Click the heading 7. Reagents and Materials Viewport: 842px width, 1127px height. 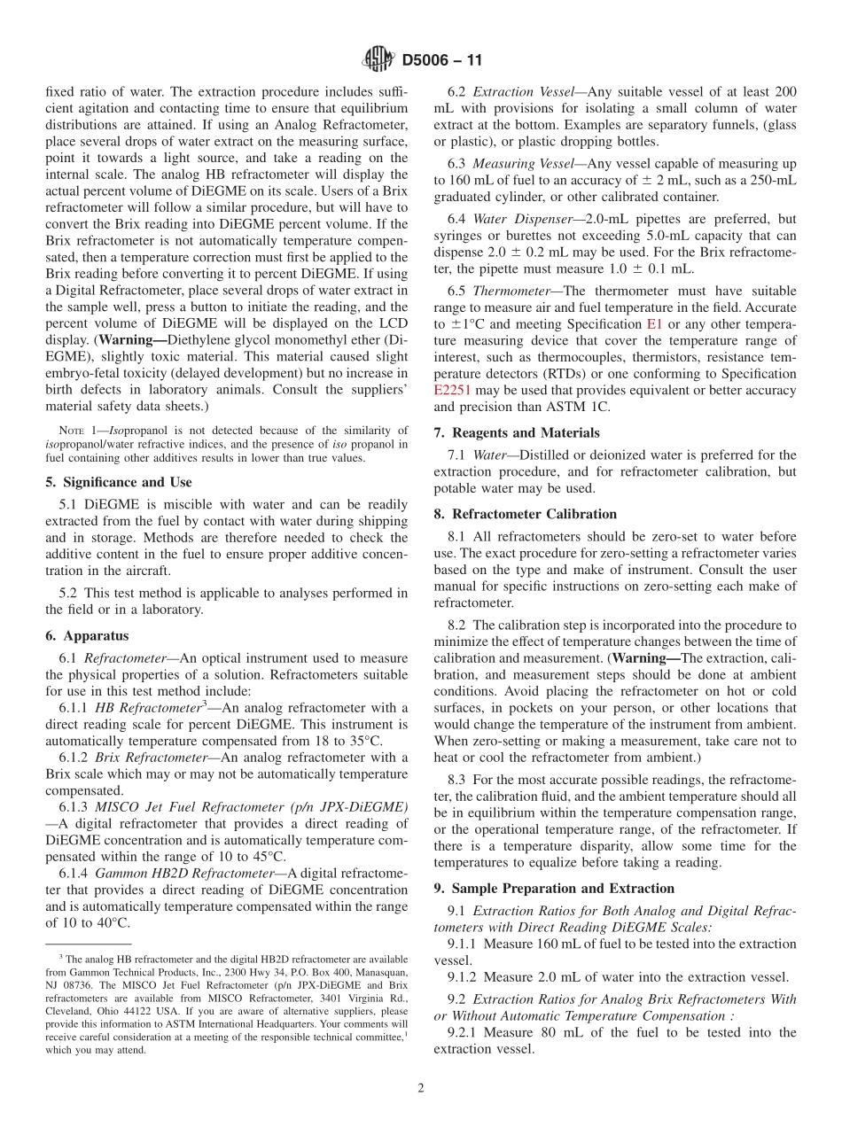point(517,432)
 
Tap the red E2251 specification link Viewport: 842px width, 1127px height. point(453,390)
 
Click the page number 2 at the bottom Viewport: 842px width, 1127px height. point(421,1089)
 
